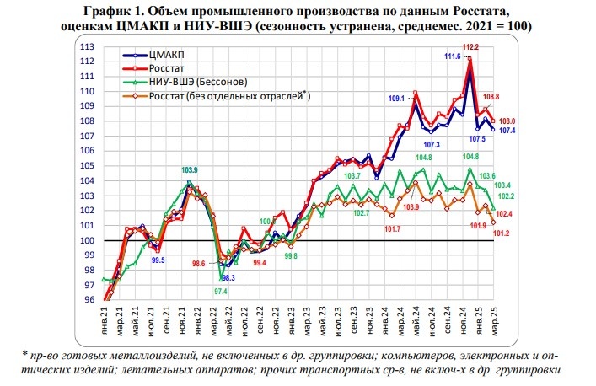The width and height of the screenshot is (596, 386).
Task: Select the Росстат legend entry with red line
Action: tap(167, 68)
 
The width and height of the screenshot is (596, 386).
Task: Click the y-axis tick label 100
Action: tap(86, 241)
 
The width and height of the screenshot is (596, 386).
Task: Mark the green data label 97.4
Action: tap(220, 292)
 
